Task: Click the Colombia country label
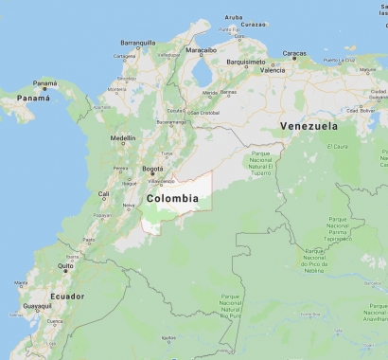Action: [172, 199]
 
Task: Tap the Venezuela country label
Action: [309, 125]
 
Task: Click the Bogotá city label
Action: [152, 170]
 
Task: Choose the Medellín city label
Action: [123, 138]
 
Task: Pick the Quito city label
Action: [65, 266]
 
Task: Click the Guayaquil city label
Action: [38, 306]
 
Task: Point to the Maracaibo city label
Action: [201, 49]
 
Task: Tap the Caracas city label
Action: [294, 54]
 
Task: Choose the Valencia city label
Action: [273, 70]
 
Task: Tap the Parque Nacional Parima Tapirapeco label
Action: [339, 229]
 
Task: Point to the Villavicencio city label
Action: [162, 180]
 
